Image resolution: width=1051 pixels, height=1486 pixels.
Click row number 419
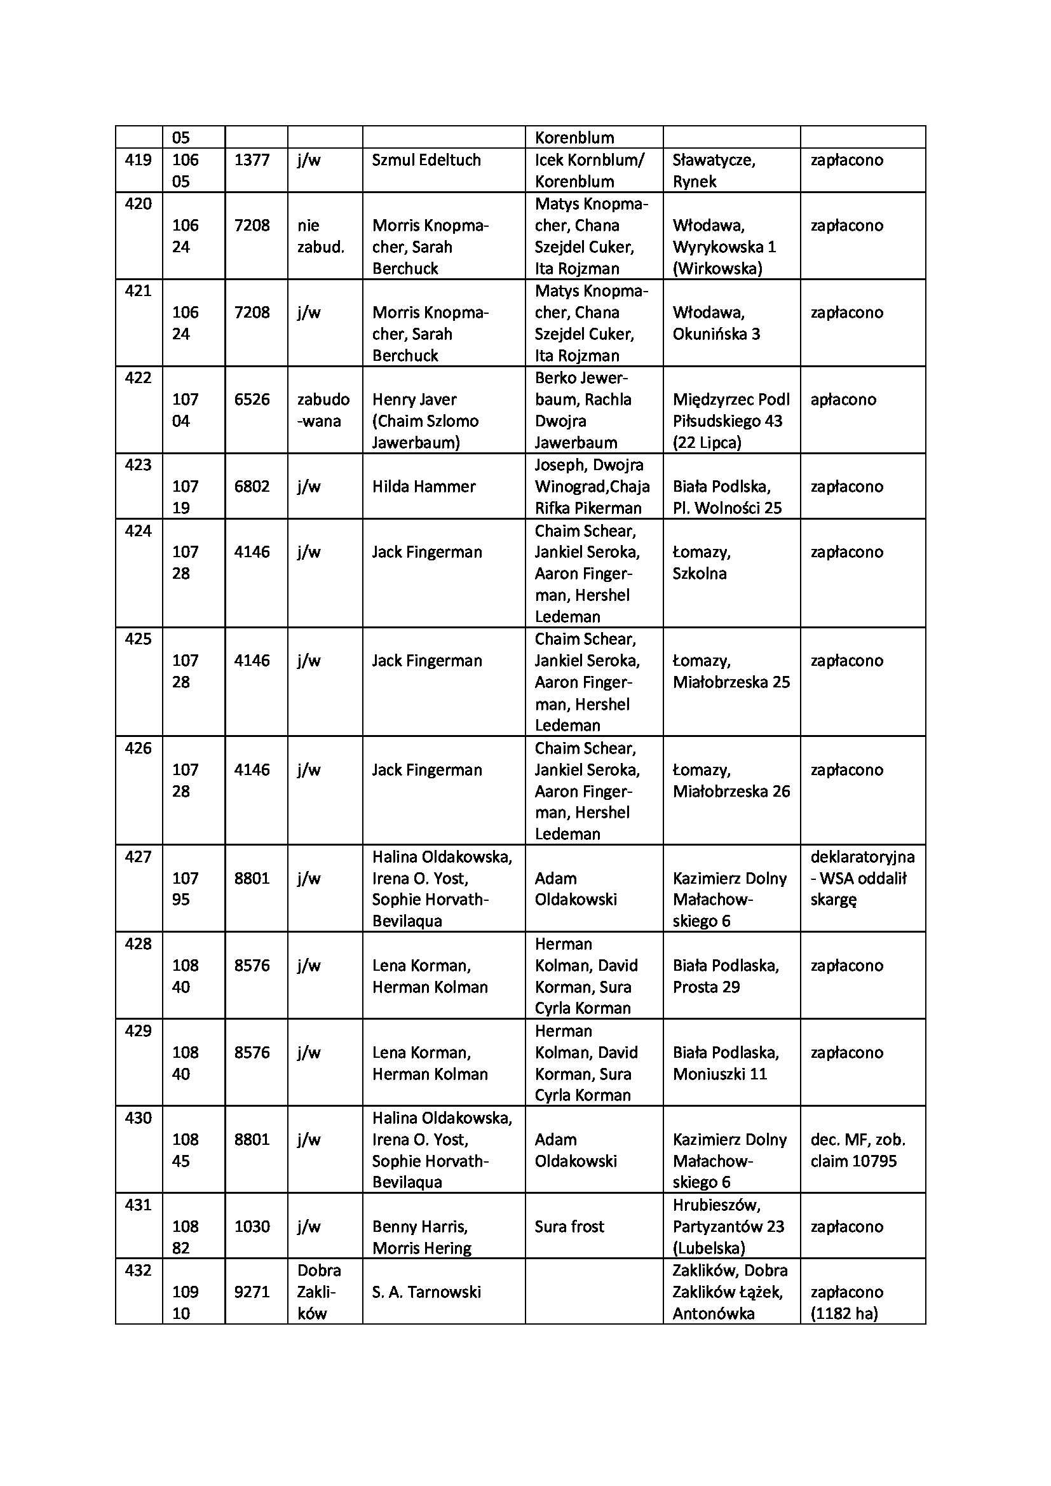138,160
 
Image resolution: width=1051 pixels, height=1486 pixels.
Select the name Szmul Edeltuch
426,160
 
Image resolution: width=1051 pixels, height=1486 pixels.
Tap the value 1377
252,160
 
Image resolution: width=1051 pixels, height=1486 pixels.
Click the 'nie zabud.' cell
320,236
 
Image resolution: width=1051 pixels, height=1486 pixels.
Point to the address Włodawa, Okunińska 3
715,323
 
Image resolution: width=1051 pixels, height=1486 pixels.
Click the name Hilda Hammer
423,487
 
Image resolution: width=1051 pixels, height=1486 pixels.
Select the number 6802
252,487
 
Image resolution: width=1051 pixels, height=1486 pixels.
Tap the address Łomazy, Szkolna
701,562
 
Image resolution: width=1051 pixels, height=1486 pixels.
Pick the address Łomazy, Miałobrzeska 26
731,781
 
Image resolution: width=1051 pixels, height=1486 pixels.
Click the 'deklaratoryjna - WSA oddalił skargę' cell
862,877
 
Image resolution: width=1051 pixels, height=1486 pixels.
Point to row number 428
138,943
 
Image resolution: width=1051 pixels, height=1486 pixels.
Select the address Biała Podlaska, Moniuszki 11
726,1063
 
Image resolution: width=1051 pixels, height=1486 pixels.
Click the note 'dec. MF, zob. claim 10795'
857,1150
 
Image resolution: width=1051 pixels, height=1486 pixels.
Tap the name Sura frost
569,1226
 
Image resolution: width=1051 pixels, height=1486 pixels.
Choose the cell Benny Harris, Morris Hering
422,1237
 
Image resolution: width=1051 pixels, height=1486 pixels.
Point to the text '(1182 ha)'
844,1313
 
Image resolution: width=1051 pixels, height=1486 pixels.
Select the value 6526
252,400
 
